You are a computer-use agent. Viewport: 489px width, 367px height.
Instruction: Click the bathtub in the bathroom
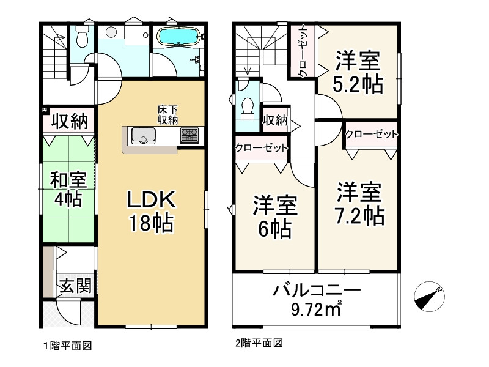click(x=178, y=37)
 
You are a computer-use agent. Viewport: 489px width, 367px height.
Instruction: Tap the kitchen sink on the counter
click(x=144, y=136)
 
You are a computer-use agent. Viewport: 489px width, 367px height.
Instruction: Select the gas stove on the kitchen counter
click(x=189, y=135)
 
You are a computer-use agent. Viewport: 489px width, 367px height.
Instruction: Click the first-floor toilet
click(x=83, y=36)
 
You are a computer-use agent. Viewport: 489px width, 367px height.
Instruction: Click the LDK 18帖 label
click(x=151, y=211)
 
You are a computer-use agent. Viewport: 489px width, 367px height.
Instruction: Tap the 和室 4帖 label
click(x=68, y=190)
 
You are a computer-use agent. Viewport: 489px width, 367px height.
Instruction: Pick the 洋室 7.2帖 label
click(x=359, y=204)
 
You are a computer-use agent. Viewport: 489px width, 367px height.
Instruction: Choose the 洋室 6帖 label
click(x=275, y=217)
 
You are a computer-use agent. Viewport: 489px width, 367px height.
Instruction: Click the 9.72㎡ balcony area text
click(x=316, y=309)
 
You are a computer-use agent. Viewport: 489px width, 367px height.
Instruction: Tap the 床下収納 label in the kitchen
click(x=167, y=115)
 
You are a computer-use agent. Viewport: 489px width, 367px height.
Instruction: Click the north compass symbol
click(x=429, y=297)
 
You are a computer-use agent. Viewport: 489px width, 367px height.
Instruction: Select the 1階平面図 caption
click(x=68, y=346)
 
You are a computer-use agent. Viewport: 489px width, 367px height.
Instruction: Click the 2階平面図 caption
click(x=259, y=343)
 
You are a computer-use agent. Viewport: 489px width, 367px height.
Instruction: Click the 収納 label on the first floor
click(x=70, y=121)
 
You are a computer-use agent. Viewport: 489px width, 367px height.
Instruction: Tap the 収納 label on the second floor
click(x=275, y=120)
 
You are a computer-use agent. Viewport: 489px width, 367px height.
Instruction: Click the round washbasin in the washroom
click(x=111, y=32)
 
